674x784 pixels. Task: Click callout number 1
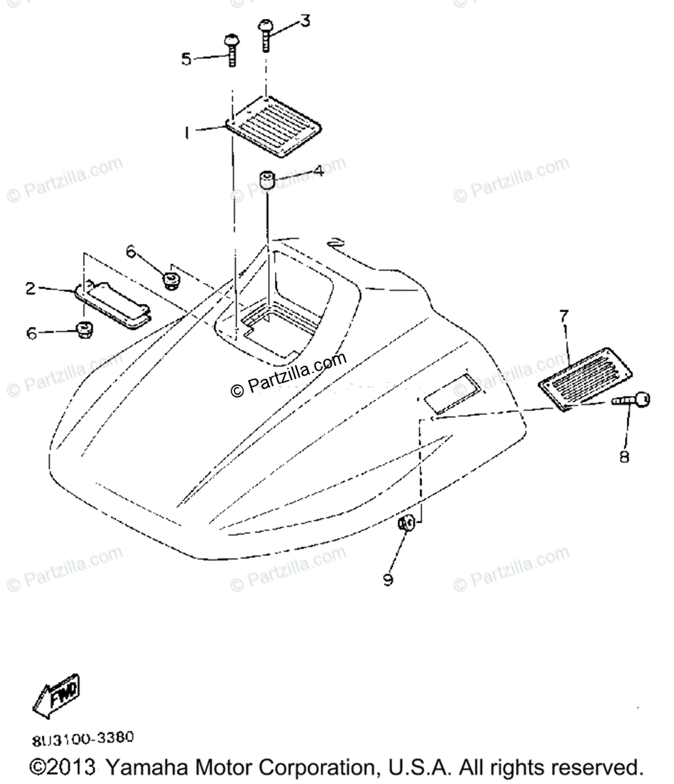click(x=187, y=133)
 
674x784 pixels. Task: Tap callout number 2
click(x=31, y=287)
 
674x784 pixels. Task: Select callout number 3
click(x=305, y=22)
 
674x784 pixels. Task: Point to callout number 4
click(x=318, y=172)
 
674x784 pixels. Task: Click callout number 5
click(x=187, y=59)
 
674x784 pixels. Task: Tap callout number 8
click(x=624, y=457)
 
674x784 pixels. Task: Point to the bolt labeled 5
click(x=231, y=50)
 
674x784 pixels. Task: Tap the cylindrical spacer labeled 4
click(x=266, y=180)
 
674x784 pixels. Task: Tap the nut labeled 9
click(x=406, y=523)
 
